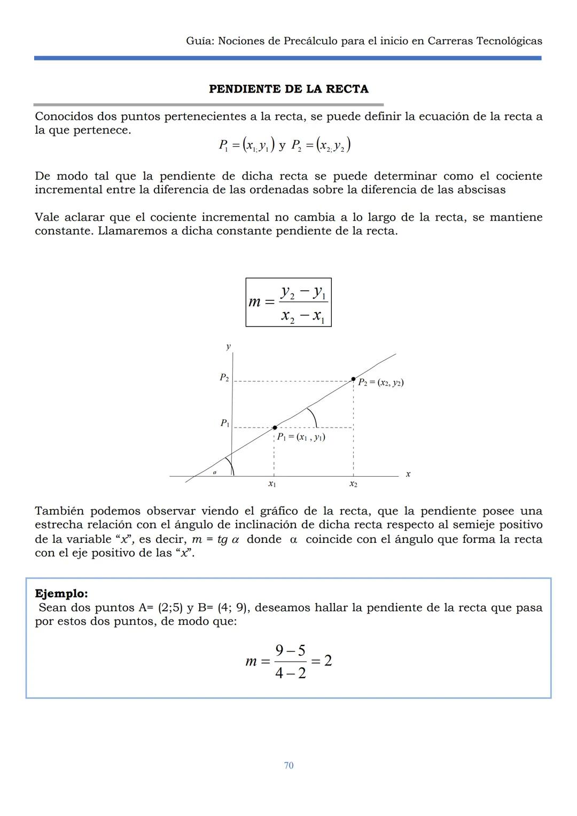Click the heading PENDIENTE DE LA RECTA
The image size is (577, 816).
click(288, 89)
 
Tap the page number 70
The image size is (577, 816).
click(288, 765)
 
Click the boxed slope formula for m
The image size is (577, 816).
click(288, 302)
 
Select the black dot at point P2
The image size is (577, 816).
click(353, 379)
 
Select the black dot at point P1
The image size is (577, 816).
click(275, 428)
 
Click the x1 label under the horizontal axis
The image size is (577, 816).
click(272, 484)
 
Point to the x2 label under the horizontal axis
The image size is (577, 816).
click(353, 484)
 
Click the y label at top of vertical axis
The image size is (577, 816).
click(229, 346)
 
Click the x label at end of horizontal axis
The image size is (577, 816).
click(408, 474)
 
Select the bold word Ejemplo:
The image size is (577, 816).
click(61, 593)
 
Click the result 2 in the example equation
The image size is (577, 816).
click(328, 660)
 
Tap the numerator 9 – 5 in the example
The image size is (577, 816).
click(290, 650)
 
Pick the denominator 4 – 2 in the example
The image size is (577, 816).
click(290, 673)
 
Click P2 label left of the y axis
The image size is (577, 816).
click(224, 378)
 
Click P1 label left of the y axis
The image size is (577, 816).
click(225, 423)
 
